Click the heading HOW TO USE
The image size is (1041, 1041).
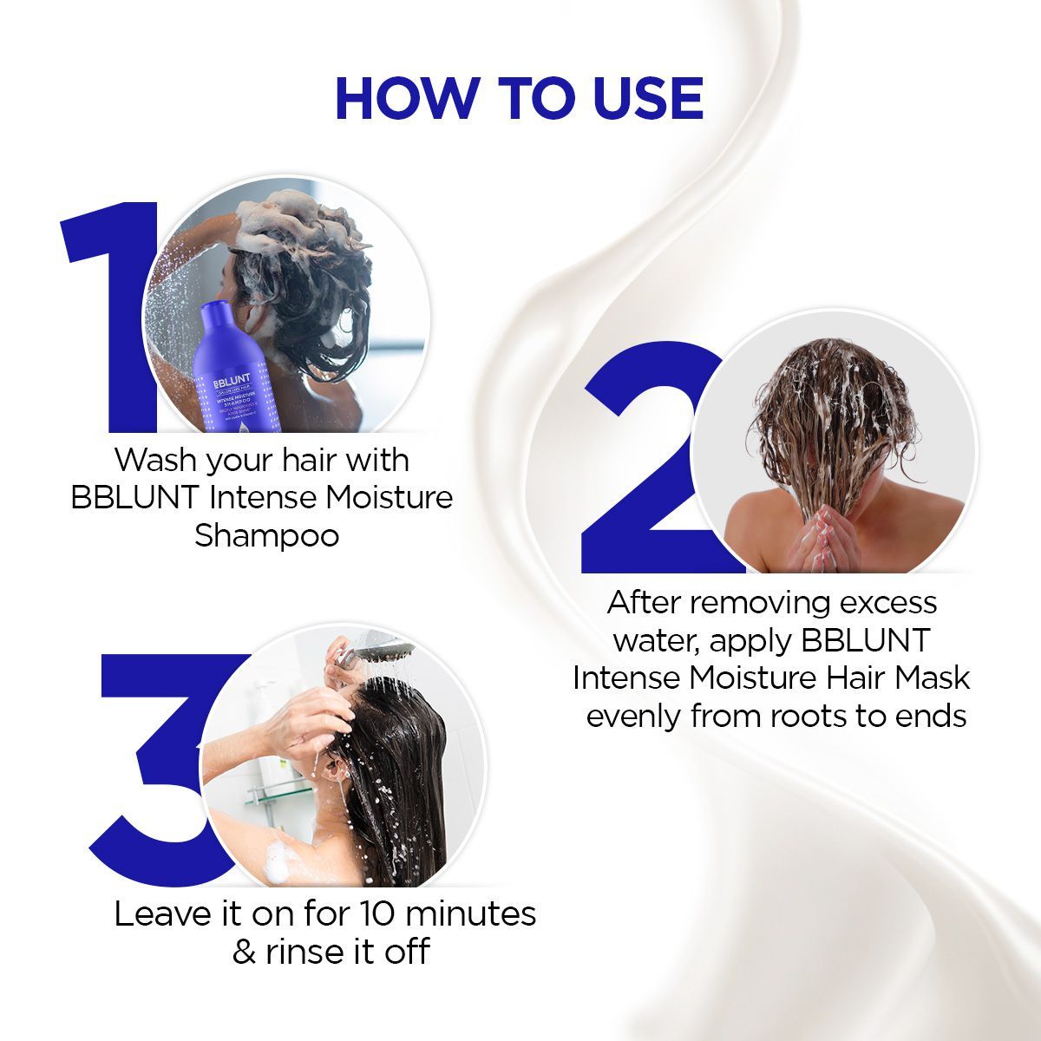519,98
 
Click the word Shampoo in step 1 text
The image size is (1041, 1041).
266,535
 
